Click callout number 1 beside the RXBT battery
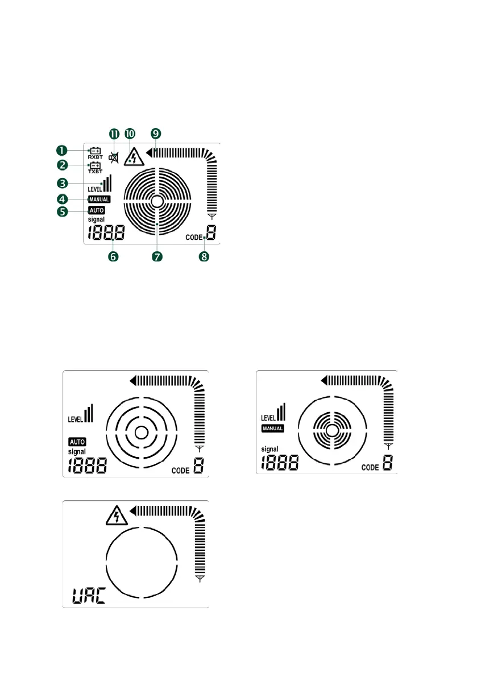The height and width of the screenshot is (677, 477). tap(62, 151)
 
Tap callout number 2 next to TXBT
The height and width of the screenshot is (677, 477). tap(62, 165)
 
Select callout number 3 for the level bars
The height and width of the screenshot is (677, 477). tap(62, 184)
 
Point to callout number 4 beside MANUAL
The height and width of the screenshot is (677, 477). tap(62, 199)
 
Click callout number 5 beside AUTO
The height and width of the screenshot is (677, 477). tap(62, 211)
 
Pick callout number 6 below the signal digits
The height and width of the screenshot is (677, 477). tap(113, 257)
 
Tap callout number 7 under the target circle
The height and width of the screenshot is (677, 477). tap(157, 257)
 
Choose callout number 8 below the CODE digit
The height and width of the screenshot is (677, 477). tap(204, 257)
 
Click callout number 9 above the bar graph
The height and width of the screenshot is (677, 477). tap(155, 134)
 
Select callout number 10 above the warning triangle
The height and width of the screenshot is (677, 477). tap(130, 134)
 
